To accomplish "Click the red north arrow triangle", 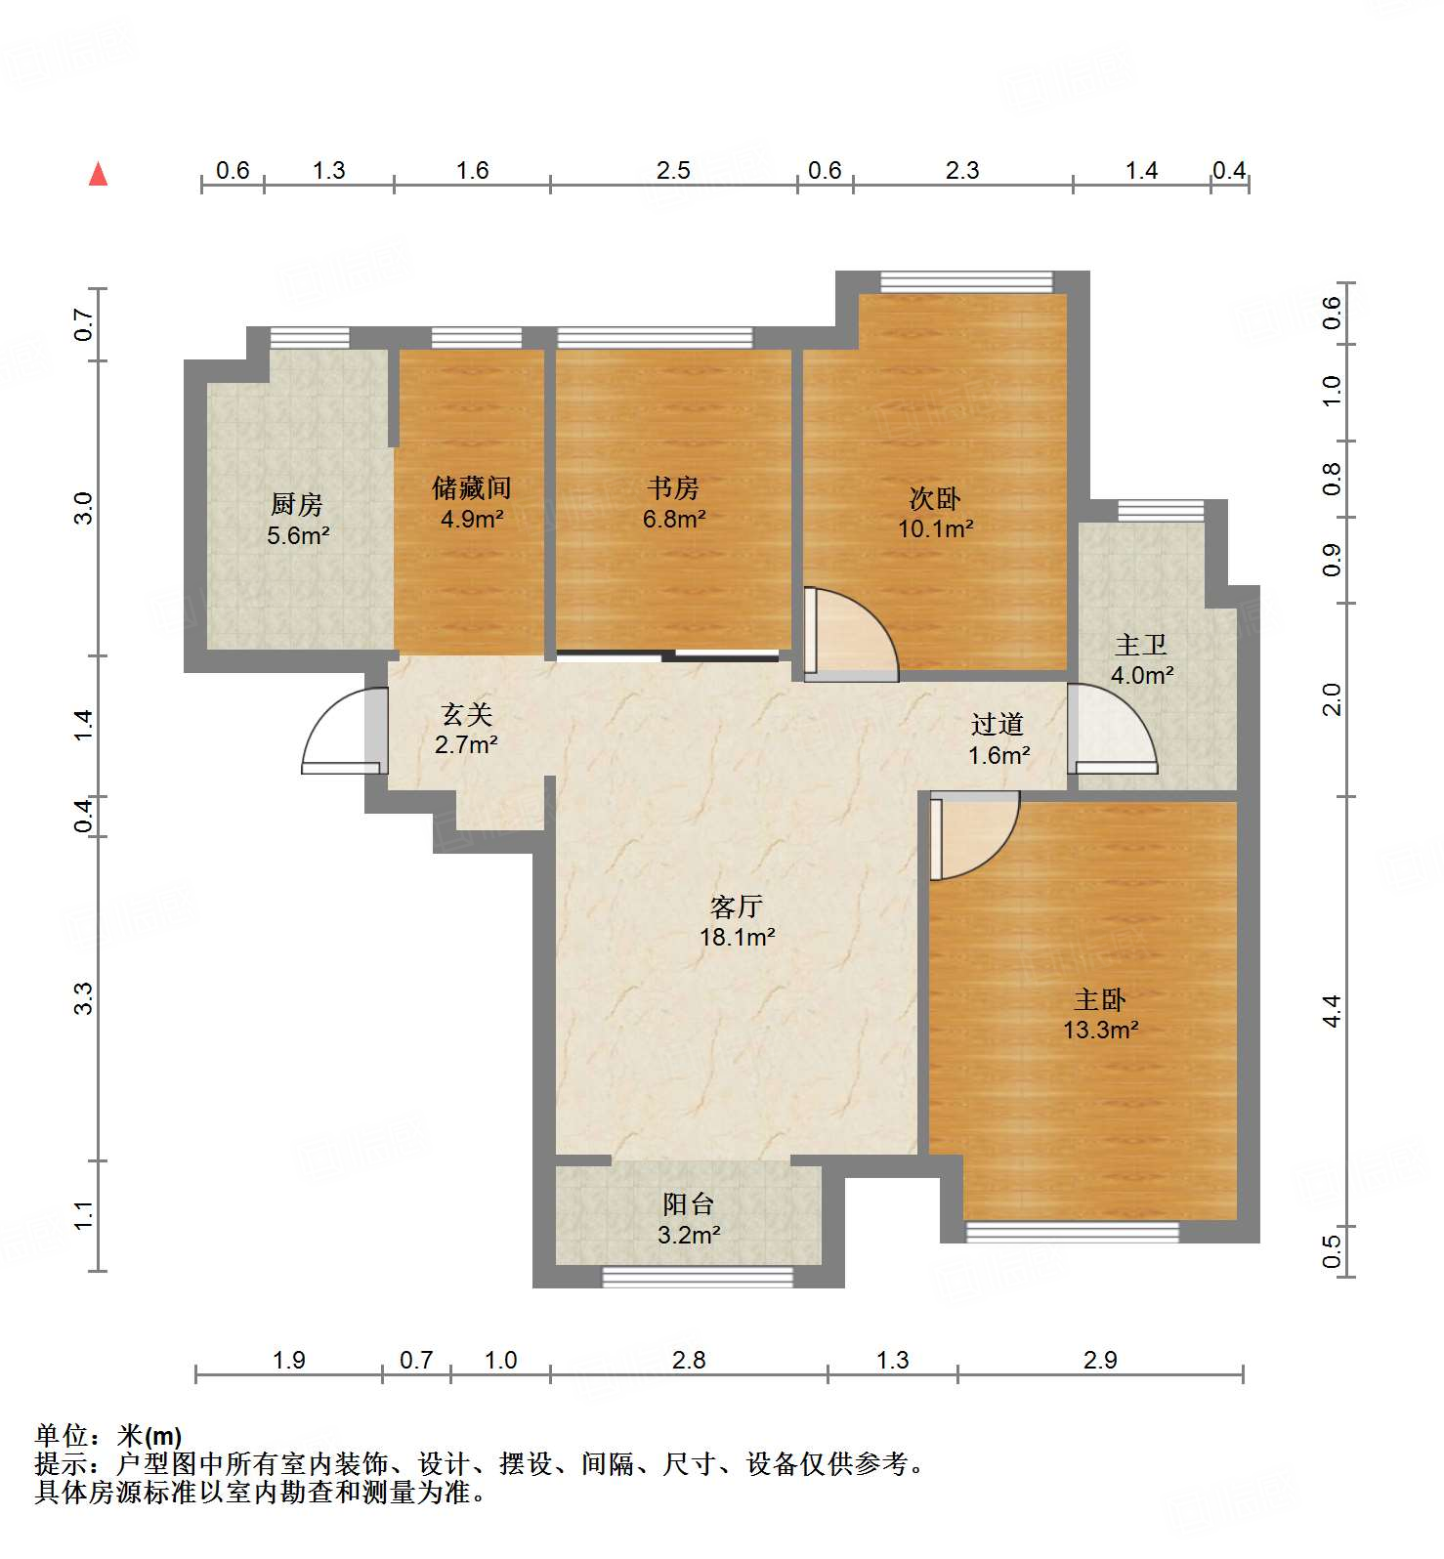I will click(98, 175).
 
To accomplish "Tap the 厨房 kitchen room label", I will click(296, 504).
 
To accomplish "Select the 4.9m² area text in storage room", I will click(472, 519).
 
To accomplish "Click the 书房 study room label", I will click(673, 487).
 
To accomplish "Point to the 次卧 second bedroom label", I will click(935, 498).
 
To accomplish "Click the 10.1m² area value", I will click(935, 529).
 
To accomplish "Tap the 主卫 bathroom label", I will click(1141, 645).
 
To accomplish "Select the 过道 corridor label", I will click(998, 724).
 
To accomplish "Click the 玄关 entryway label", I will click(466, 715).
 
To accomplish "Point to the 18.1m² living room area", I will click(737, 938).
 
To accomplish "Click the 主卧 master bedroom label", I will click(1100, 999).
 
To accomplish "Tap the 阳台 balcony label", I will click(688, 1204).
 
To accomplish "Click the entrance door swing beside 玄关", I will click(337, 733).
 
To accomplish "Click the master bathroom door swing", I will click(1112, 728).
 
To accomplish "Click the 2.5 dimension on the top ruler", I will click(673, 171).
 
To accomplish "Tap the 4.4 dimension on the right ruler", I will click(1332, 1010).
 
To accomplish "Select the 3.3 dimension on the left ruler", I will click(84, 998).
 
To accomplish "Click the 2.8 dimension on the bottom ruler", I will click(688, 1360).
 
